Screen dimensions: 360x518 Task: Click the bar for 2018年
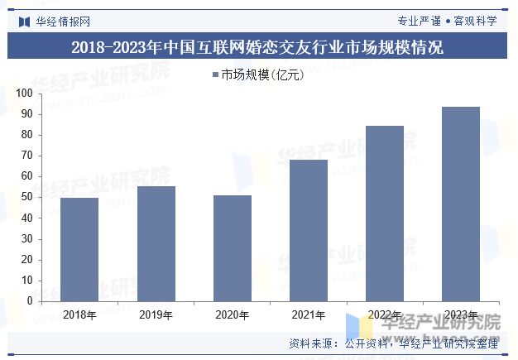click(x=79, y=249)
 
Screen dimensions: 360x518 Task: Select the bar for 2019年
click(x=156, y=243)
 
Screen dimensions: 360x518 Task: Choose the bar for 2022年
click(x=384, y=214)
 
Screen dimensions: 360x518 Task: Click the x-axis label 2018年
click(x=79, y=314)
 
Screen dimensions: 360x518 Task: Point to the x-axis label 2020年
click(x=232, y=314)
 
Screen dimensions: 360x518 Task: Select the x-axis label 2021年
click(x=308, y=314)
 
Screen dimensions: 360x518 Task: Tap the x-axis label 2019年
click(x=156, y=314)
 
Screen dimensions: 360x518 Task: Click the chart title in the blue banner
click(x=257, y=48)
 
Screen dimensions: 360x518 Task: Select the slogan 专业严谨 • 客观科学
click(x=448, y=21)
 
